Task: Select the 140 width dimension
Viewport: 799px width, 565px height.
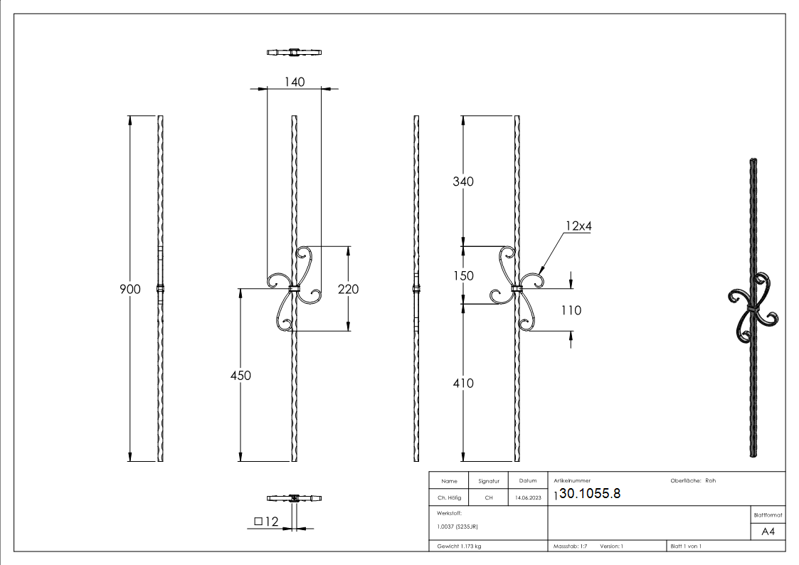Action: [x=294, y=82]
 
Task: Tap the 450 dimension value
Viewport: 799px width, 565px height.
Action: [x=240, y=376]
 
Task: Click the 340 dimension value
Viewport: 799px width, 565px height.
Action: [x=463, y=181]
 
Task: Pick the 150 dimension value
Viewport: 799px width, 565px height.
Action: [x=463, y=275]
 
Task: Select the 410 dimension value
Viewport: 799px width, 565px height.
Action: [x=463, y=384]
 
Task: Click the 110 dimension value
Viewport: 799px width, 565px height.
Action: [x=571, y=310]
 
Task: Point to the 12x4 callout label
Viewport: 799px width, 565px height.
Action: [x=579, y=226]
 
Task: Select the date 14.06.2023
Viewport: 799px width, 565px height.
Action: [x=527, y=498]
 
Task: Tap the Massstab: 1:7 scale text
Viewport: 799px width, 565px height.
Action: [x=570, y=546]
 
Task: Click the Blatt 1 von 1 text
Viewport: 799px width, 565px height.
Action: [x=685, y=546]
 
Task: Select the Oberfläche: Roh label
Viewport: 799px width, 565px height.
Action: [x=692, y=480]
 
